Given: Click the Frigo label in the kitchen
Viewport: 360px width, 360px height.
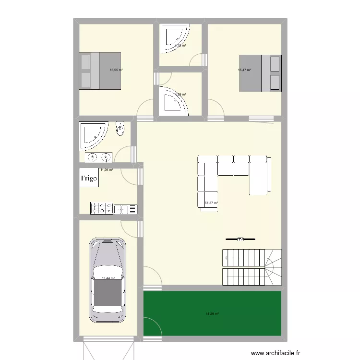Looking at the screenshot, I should pos(89,179).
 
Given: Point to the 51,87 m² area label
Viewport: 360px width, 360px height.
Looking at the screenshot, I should pos(211,203).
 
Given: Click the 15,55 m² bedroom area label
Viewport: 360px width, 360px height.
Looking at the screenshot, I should pos(116,70).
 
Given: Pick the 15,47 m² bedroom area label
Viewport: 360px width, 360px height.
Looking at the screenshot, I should pos(244,70).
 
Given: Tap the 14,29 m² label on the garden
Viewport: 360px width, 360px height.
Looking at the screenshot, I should pos(212,314).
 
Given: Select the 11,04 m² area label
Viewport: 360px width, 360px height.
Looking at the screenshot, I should pos(107,169).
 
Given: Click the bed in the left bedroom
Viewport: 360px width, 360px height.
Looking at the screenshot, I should pos(100,71).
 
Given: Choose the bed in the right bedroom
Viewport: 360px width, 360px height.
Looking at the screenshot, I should pos(260,73).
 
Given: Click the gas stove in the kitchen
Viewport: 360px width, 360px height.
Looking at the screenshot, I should pos(102,208).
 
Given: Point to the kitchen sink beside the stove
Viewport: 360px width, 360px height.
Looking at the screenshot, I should pos(126,209).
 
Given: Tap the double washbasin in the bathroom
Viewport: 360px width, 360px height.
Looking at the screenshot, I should pos(99,157).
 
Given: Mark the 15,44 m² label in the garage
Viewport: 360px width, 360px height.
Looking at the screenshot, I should pos(108,278).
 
